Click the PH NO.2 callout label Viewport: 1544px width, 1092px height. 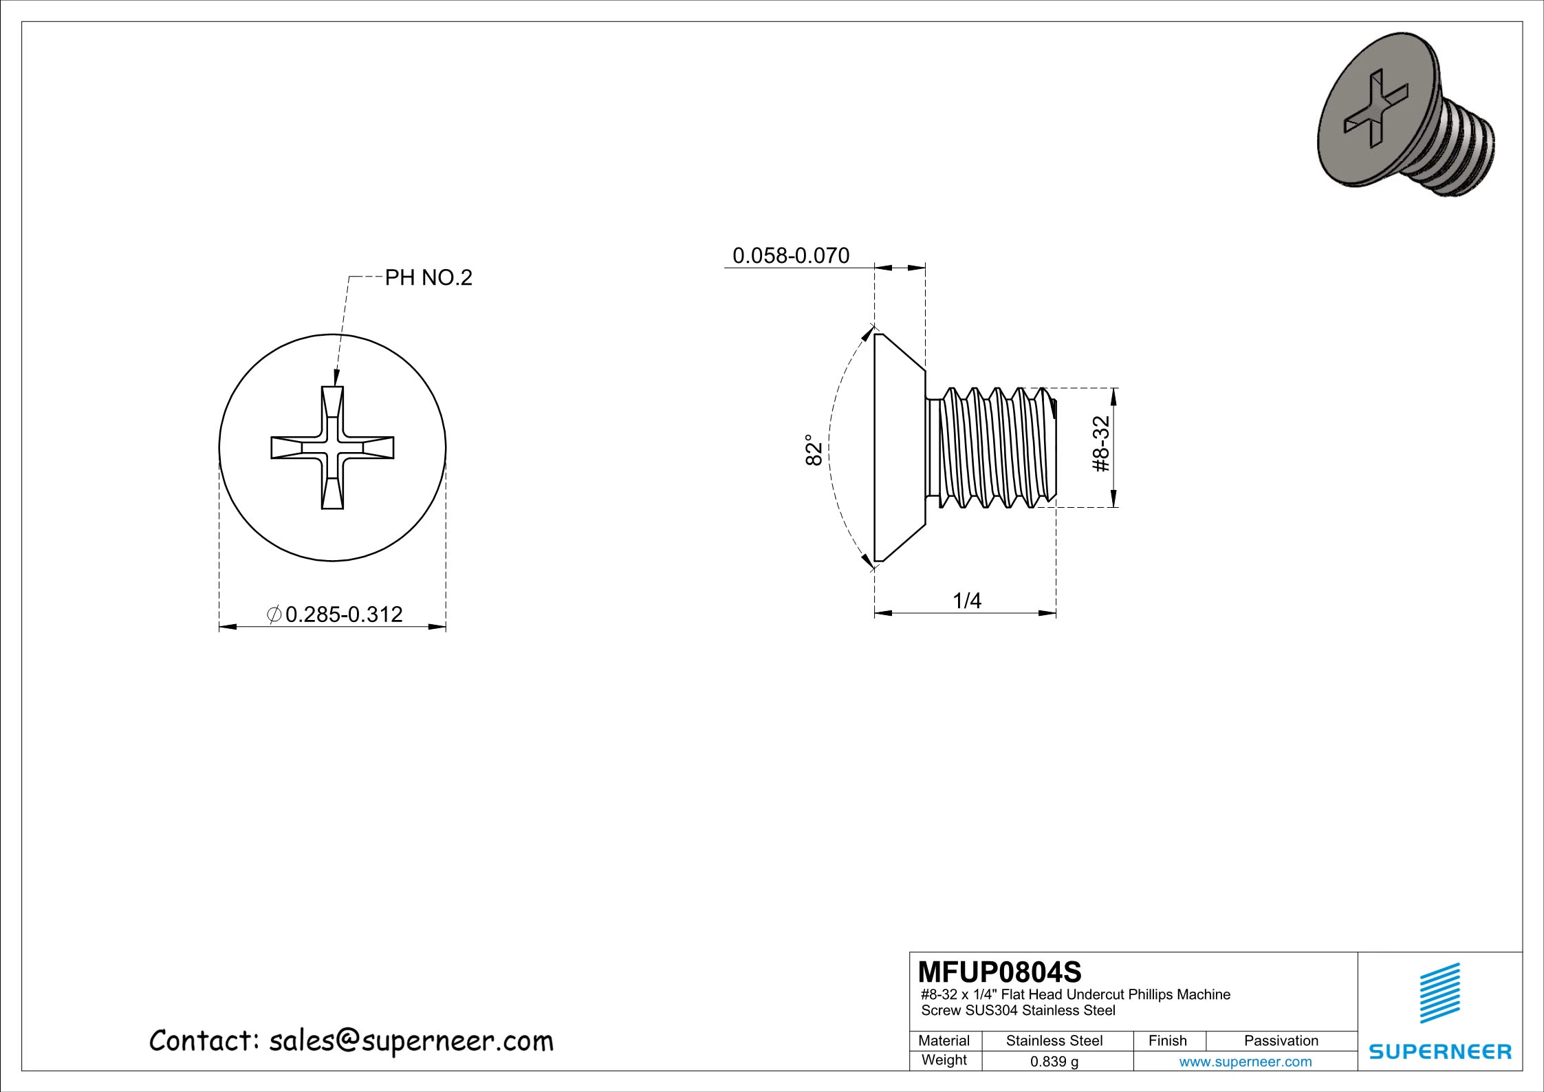[428, 278]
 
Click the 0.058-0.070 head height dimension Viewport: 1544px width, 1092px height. [791, 256]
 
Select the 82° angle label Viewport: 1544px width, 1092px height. [814, 449]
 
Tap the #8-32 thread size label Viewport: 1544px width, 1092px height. [1102, 444]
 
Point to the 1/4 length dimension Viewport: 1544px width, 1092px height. [967, 601]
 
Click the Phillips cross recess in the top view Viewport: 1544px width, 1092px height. [333, 448]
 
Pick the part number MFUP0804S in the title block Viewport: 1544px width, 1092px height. [999, 972]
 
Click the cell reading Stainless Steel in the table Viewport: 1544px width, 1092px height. [1054, 1040]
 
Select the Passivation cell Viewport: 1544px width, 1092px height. [1281, 1040]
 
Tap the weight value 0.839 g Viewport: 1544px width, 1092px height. [1054, 1062]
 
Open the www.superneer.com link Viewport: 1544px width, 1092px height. [1245, 1062]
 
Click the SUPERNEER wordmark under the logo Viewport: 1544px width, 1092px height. [1440, 1051]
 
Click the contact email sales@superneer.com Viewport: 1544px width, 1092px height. [351, 1041]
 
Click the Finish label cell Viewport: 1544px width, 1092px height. [1167, 1040]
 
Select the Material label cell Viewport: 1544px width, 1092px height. [944, 1040]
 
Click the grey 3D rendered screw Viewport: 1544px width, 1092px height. [1403, 124]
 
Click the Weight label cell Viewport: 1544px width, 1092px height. [944, 1060]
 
